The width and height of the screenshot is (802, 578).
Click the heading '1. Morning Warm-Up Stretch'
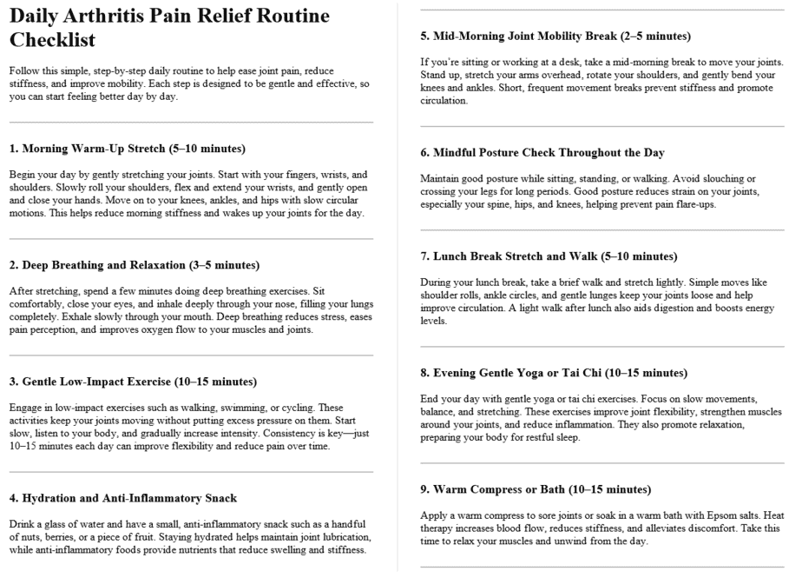pyautogui.click(x=128, y=149)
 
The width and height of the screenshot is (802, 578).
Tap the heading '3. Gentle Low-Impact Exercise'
pyautogui.click(x=133, y=381)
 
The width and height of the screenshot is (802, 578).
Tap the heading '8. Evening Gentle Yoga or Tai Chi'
pyautogui.click(x=550, y=373)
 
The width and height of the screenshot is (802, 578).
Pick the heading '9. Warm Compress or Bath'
pyautogui.click(x=530, y=489)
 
